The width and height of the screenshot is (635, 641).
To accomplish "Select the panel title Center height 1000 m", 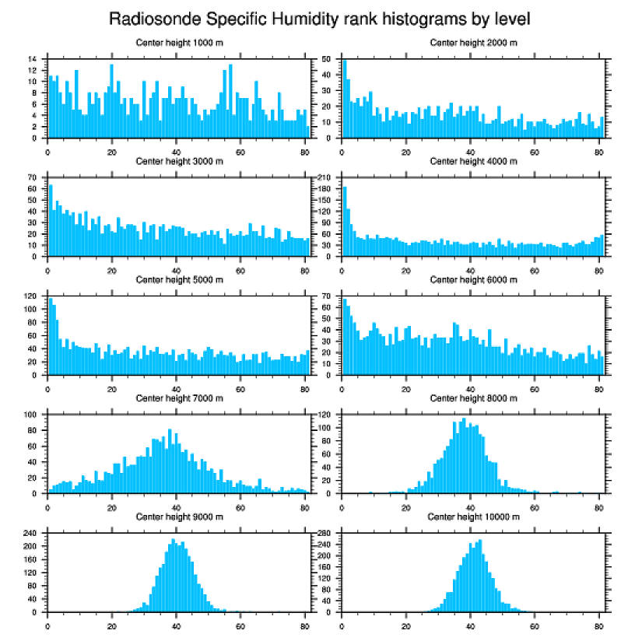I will click(180, 42).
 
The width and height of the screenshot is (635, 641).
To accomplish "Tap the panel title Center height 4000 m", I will click(474, 161).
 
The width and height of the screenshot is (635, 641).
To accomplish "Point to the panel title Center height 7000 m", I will click(180, 398).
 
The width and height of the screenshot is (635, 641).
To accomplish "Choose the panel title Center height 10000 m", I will click(474, 517).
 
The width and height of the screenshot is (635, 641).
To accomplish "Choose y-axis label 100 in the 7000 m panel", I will click(32, 415).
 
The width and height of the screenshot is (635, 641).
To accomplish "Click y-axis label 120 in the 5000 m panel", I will click(32, 296).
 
